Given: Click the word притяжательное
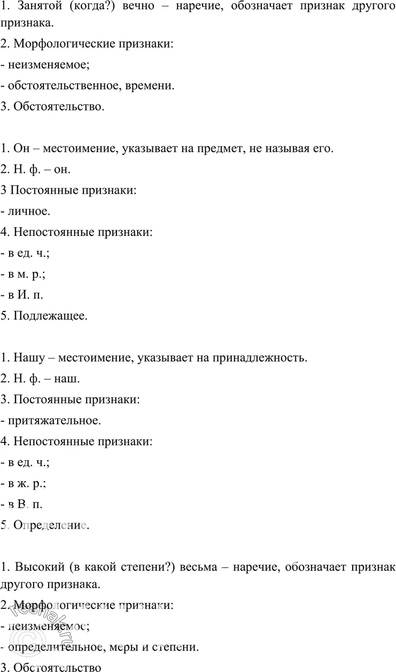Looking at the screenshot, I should (53, 420).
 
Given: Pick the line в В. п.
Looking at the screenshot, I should (24, 504).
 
